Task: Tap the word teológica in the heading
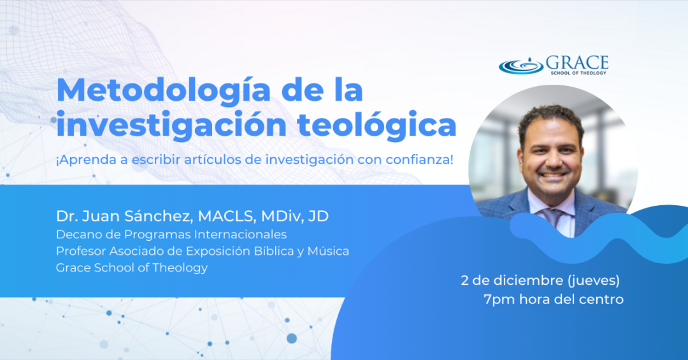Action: pos(377,125)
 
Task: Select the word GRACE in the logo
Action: pos(577,63)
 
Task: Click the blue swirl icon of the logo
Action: pos(521,66)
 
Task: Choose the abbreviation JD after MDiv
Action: pos(319,216)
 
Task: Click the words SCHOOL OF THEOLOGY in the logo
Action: pos(578,73)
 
